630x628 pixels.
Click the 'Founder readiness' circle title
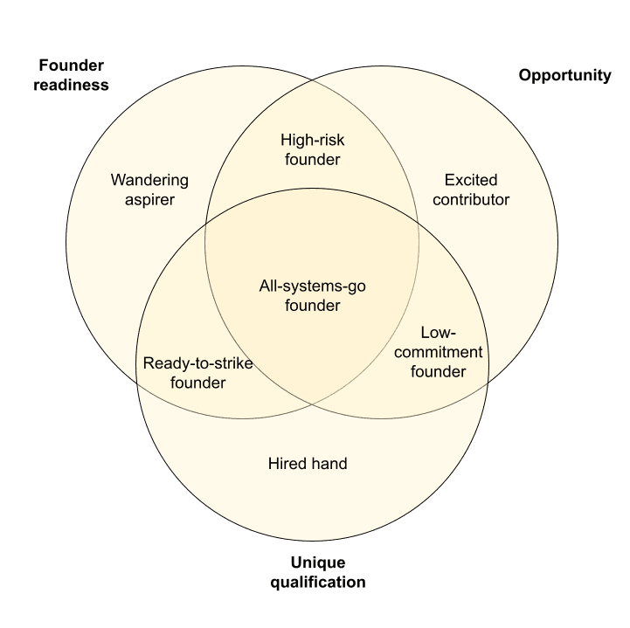click(73, 75)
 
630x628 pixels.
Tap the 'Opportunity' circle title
click(564, 75)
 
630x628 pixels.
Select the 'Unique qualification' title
click(317, 571)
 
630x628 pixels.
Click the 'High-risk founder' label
click(312, 149)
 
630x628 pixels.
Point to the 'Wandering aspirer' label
click(149, 190)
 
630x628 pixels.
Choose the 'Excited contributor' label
click(471, 190)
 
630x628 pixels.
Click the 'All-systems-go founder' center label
click(312, 295)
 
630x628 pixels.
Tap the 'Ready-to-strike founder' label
click(197, 372)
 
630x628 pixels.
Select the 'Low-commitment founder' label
click(439, 352)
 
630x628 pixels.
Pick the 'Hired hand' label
click(307, 463)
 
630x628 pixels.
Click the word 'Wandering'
click(149, 180)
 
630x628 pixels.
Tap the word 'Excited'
click(471, 180)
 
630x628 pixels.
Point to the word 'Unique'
click(317, 562)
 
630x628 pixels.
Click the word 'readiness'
click(73, 85)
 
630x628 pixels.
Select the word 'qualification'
click(317, 582)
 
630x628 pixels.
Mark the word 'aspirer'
click(149, 200)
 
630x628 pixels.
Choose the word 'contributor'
click(471, 200)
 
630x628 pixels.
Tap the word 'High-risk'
click(312, 140)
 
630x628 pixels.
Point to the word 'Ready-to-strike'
click(197, 362)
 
